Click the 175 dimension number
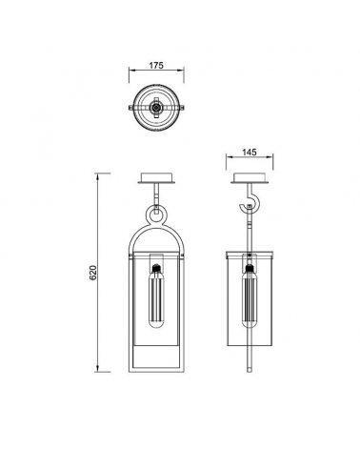click(157, 66)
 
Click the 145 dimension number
click(249, 152)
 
